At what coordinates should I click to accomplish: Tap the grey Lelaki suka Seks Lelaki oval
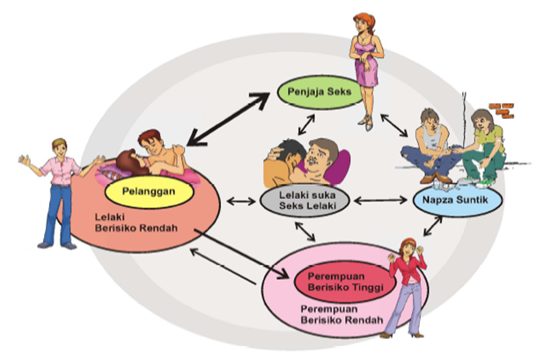click(x=299, y=200)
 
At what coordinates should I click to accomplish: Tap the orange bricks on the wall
click(x=502, y=108)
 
